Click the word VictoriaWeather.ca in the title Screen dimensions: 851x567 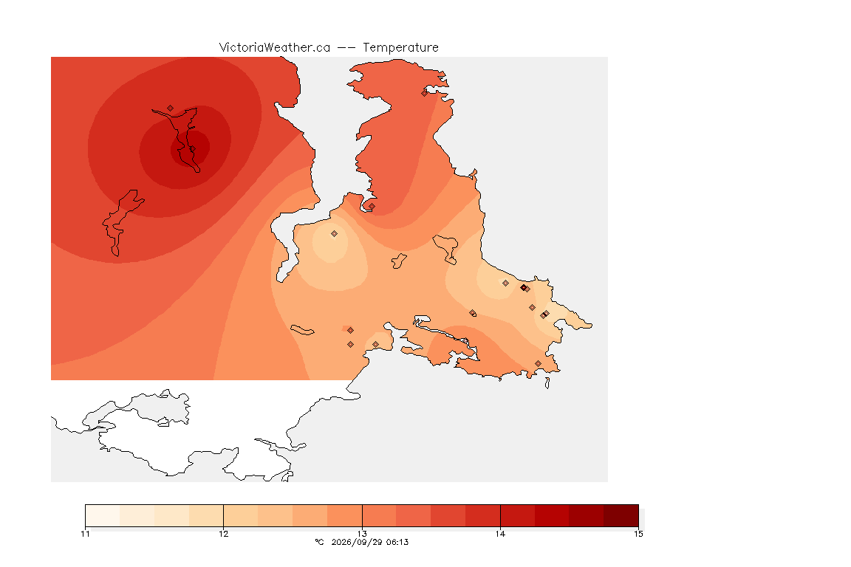coord(275,48)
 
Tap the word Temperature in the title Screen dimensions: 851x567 coord(400,48)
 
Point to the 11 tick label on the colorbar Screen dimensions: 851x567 coord(85,534)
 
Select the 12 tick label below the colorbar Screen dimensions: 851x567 coord(224,534)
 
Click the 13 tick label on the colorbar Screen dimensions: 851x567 coord(362,534)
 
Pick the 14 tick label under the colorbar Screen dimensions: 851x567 coord(500,534)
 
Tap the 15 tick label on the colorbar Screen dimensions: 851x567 coord(638,534)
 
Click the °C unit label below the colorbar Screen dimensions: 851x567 coord(319,542)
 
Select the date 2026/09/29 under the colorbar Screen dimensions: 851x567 coord(357,542)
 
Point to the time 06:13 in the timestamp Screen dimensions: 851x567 coord(397,542)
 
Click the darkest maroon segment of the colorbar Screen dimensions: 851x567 coord(621,515)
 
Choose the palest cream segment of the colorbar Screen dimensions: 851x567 coord(103,515)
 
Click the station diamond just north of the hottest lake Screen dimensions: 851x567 coord(171,109)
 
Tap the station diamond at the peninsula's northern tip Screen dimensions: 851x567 coord(425,93)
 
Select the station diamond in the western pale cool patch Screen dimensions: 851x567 coord(335,234)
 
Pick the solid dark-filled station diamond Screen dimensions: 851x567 coord(523,288)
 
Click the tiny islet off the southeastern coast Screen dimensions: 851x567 coord(547,383)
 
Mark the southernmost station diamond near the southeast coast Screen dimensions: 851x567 coord(538,363)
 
